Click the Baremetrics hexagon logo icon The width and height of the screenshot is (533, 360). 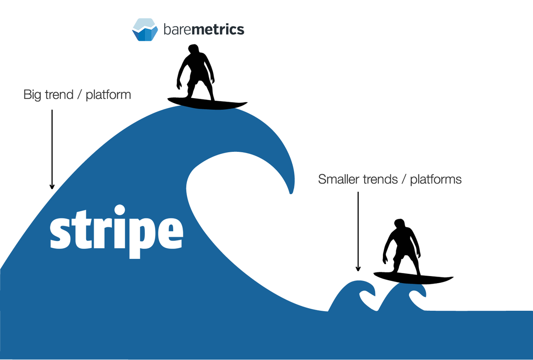(x=145, y=29)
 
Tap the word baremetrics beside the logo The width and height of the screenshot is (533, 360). (x=204, y=29)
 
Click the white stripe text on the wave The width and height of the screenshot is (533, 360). (x=116, y=231)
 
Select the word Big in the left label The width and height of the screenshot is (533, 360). (x=32, y=95)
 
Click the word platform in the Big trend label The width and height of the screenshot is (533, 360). (x=108, y=95)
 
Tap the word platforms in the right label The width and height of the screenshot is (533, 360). (x=436, y=179)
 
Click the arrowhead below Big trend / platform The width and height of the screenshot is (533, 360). (x=52, y=186)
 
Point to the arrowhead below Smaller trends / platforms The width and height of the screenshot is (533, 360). (x=358, y=269)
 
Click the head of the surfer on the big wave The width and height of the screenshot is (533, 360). (x=194, y=49)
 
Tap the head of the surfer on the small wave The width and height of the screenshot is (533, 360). (x=399, y=224)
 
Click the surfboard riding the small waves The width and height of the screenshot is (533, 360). (x=414, y=278)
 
